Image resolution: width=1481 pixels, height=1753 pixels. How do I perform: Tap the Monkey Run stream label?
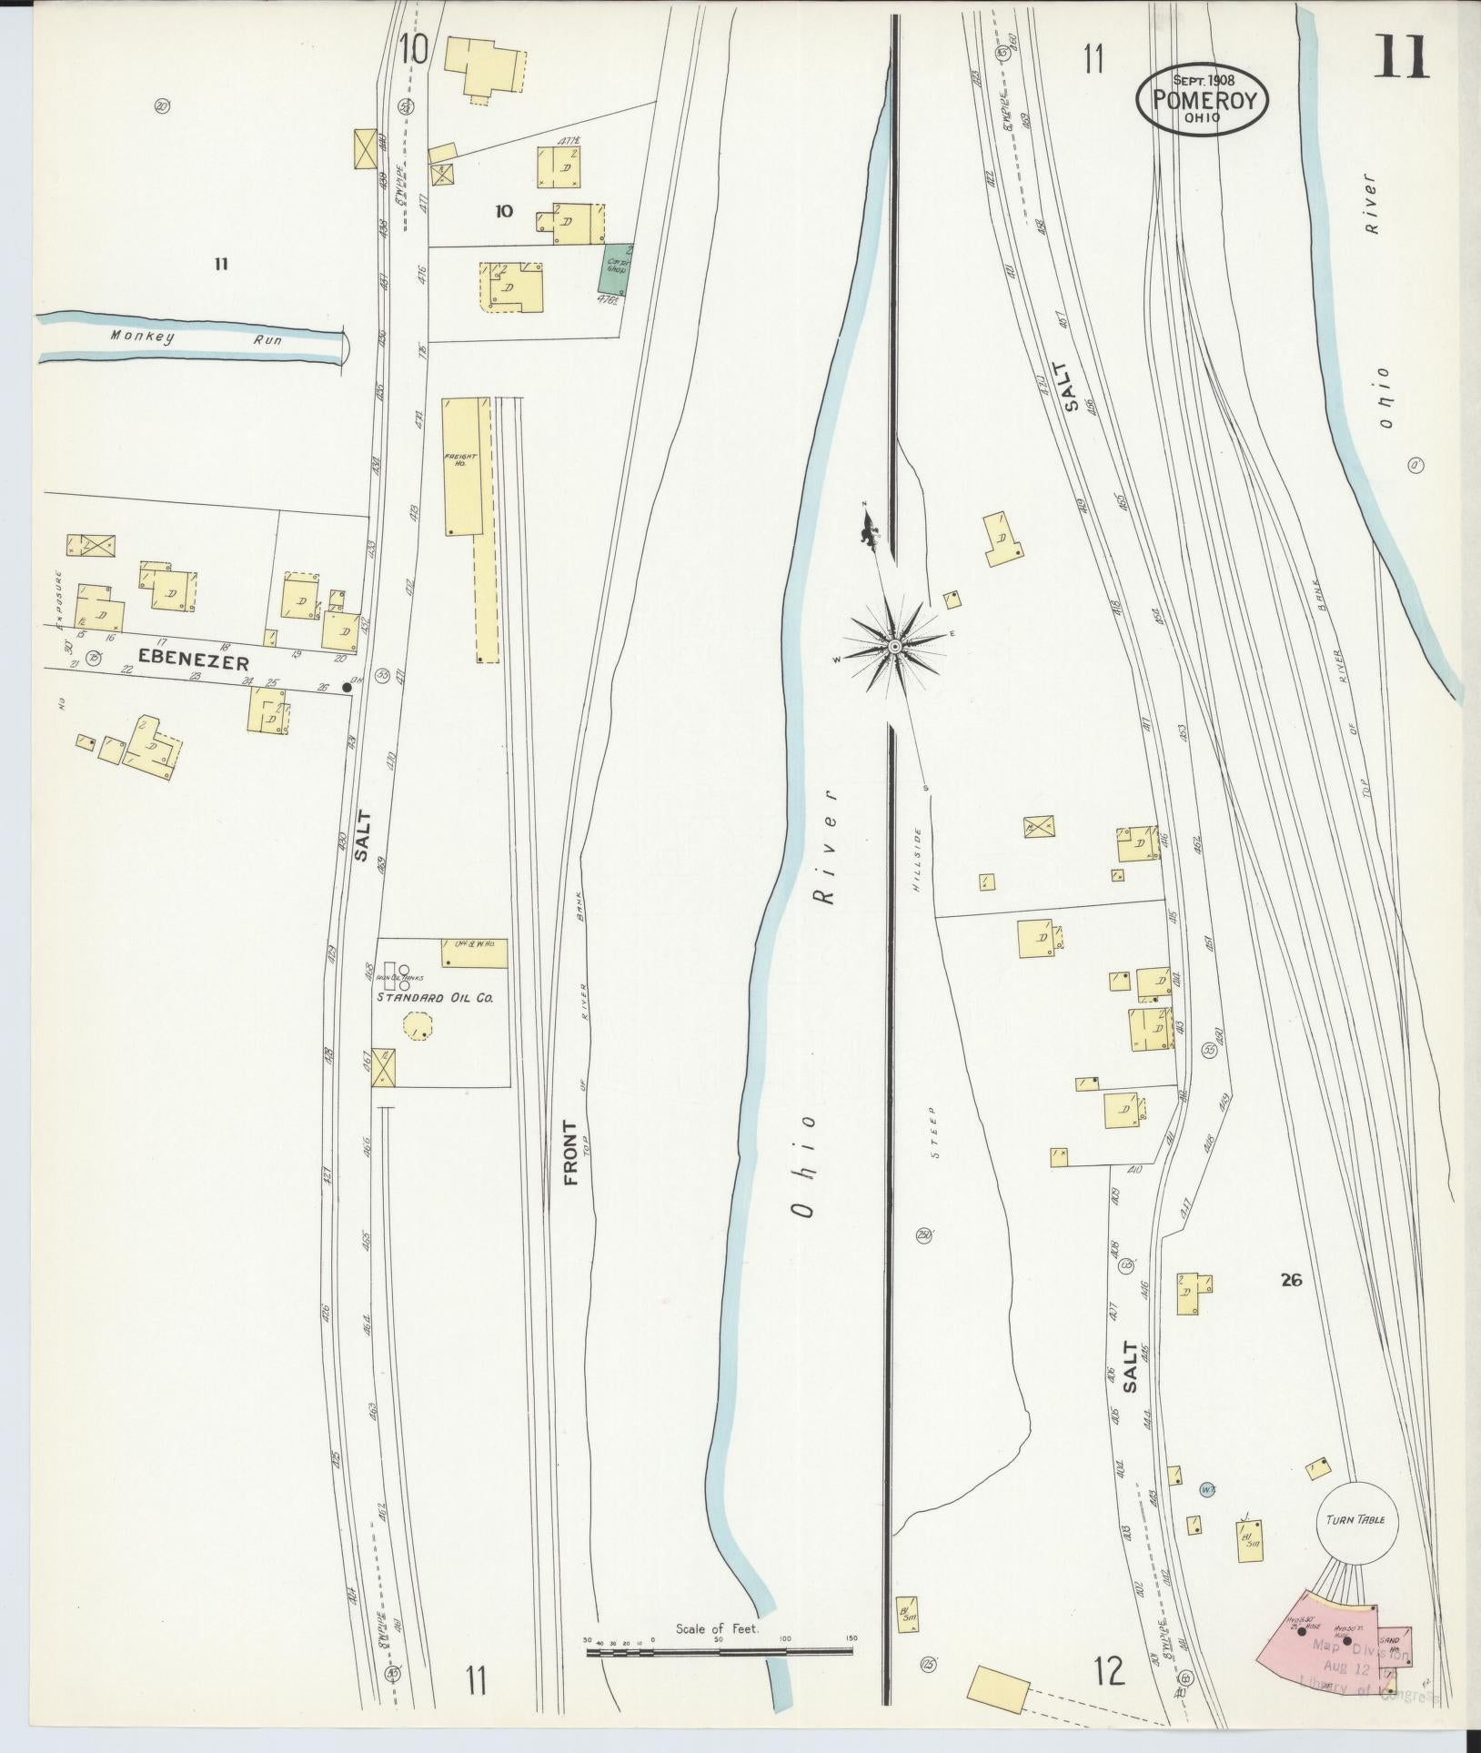click(x=196, y=338)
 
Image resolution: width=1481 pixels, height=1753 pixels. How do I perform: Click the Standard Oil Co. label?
click(x=435, y=997)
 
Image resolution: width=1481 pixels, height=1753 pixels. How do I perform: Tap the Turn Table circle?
click(x=1355, y=1520)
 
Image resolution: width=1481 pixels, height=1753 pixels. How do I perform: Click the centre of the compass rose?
click(x=895, y=646)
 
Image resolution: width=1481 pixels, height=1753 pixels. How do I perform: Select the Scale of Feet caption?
click(x=716, y=1628)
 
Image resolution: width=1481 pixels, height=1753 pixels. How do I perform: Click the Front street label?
click(x=570, y=1154)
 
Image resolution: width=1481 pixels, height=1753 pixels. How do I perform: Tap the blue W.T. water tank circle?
click(x=1207, y=1489)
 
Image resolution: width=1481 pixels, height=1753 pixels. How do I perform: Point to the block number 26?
click(x=1290, y=1280)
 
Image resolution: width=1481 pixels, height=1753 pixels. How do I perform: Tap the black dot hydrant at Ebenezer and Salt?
click(x=347, y=688)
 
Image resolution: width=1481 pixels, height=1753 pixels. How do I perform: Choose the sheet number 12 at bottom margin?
click(x=1109, y=1670)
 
